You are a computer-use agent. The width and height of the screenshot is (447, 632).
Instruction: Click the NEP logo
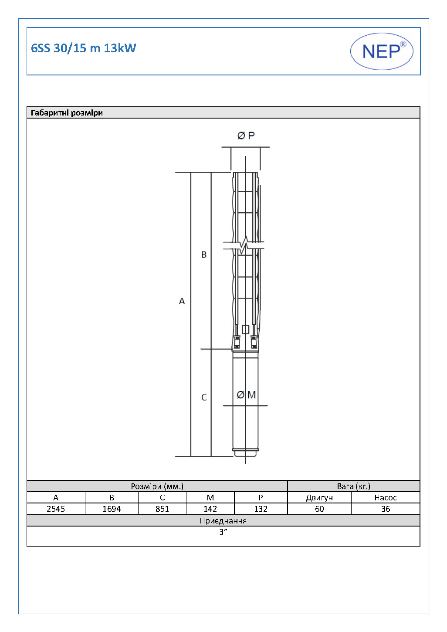click(x=382, y=51)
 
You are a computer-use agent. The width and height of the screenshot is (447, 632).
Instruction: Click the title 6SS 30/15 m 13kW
click(x=84, y=48)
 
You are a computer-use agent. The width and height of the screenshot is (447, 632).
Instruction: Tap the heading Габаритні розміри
click(x=67, y=113)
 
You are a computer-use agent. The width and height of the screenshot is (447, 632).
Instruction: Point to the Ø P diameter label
click(x=246, y=136)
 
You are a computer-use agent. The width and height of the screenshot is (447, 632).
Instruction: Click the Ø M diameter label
click(x=246, y=395)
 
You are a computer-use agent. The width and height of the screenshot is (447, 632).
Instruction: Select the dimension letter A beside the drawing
click(x=182, y=301)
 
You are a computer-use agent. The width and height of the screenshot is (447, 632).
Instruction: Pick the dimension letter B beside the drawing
click(x=204, y=255)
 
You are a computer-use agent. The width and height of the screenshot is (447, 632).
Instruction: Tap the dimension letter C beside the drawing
click(x=204, y=397)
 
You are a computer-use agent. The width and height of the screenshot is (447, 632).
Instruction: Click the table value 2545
click(x=56, y=509)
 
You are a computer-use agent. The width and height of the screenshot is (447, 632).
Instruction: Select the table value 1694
click(x=112, y=509)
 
